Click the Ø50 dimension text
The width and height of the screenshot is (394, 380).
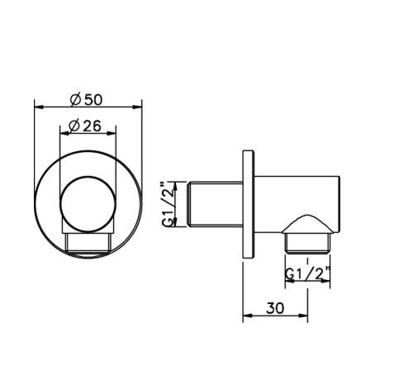(87, 99)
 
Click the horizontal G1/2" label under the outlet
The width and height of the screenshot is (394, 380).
(306, 273)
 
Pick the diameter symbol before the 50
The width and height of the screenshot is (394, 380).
(75, 99)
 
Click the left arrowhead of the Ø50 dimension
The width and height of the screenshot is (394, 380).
(36, 105)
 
